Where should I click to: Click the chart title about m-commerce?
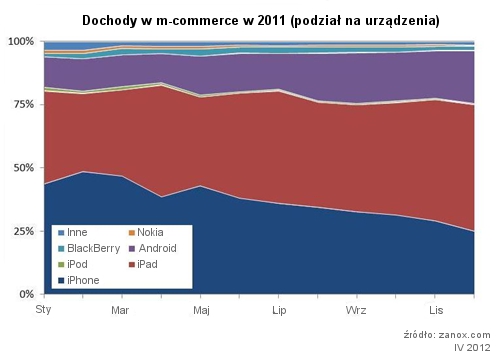point(261,21)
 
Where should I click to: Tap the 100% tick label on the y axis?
point(21,42)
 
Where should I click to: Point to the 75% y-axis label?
point(24,104)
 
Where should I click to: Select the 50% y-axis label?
point(24,168)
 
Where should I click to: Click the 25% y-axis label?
point(24,231)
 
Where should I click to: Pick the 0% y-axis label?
point(27,294)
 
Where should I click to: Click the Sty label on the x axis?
point(43,310)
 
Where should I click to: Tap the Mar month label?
point(120,310)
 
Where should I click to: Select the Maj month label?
point(201,311)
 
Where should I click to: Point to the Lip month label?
point(279,311)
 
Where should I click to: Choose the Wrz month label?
point(356,310)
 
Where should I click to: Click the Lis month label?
point(436,310)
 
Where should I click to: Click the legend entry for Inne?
point(73,232)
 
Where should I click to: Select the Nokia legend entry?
point(146,232)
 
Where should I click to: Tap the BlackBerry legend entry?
point(89,248)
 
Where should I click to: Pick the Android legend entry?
point(153,248)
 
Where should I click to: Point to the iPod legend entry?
point(73,264)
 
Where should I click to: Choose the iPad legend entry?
point(143,264)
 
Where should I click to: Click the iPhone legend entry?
point(79,280)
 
